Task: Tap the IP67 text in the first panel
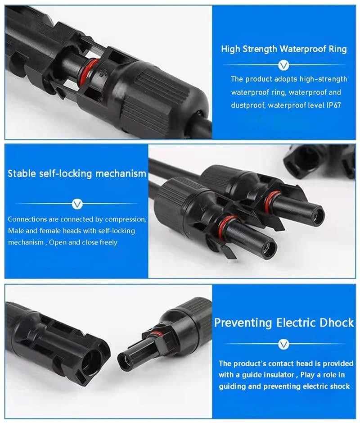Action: pyautogui.click(x=334, y=105)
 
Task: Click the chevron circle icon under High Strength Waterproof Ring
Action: pyautogui.click(x=283, y=65)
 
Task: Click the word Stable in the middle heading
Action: pyautogui.click(x=22, y=173)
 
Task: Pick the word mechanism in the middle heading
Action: pyautogui.click(x=121, y=173)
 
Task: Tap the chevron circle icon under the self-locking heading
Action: pyautogui.click(x=77, y=204)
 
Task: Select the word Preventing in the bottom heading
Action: pyautogui.click(x=243, y=323)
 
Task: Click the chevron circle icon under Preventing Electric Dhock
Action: pyautogui.click(x=283, y=344)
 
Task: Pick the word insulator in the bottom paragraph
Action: pyautogui.click(x=279, y=375)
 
